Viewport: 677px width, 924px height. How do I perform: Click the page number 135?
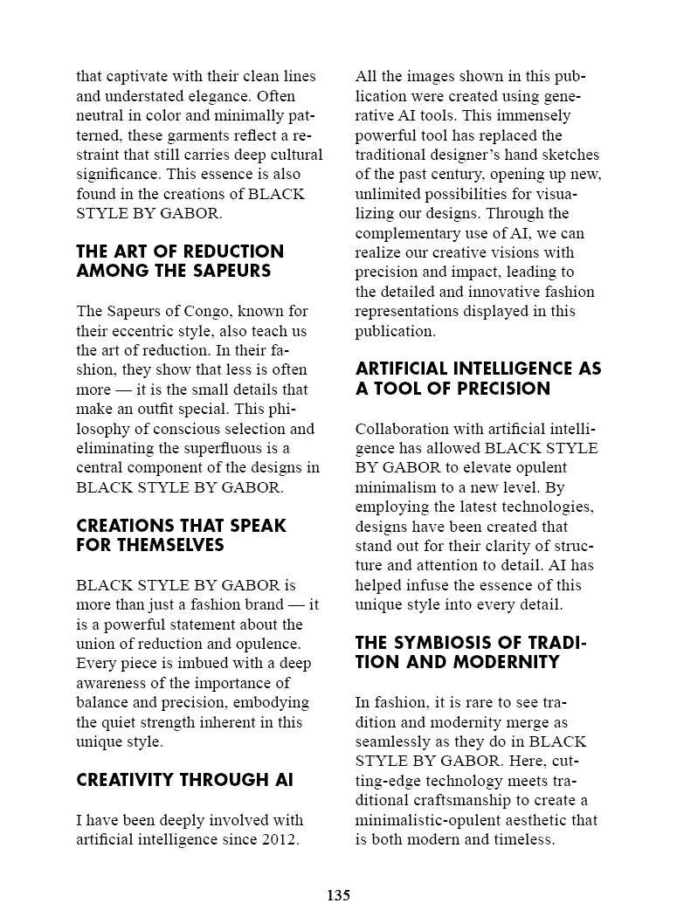point(338,895)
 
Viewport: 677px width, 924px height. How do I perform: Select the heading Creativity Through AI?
point(185,780)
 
